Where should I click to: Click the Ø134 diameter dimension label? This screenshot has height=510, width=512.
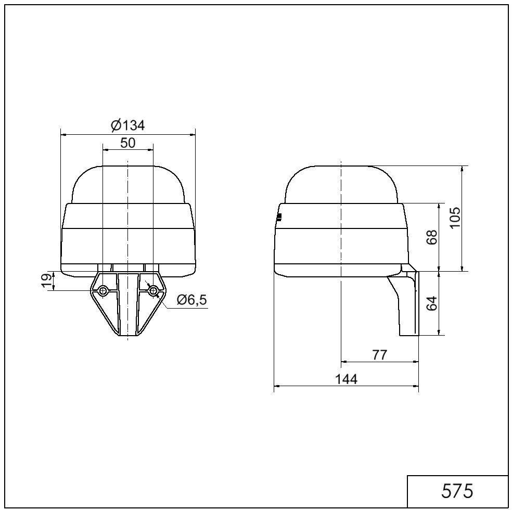coord(127,125)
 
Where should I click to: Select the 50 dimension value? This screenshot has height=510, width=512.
coord(127,143)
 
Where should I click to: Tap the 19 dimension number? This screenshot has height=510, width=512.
coord(47,281)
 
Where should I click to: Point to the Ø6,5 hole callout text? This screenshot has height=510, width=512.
coord(191,299)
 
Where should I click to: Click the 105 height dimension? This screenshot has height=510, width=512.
coord(455,218)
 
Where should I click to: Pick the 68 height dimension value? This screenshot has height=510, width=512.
coord(432,237)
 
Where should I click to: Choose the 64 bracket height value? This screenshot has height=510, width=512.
coord(432,303)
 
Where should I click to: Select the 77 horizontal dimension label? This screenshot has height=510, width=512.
coord(379,354)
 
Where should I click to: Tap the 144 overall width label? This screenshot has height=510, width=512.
coord(346,379)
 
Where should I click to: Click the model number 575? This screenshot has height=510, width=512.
coord(457,490)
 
